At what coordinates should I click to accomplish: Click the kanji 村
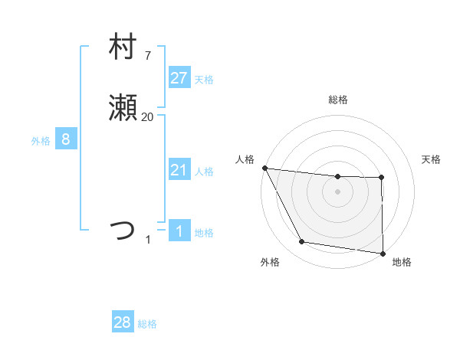click(123, 47)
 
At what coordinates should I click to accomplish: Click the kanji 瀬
click(123, 110)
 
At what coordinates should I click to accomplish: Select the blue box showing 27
click(179, 78)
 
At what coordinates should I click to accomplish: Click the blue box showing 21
click(179, 170)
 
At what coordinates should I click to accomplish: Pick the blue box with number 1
click(179, 231)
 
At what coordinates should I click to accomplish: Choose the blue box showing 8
click(66, 139)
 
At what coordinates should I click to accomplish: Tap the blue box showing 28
click(123, 322)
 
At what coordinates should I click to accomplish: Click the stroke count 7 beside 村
click(147, 55)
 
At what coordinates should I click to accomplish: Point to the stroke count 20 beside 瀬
click(147, 117)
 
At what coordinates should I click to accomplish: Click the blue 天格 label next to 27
click(204, 80)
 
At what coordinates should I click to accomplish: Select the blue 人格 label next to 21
click(204, 172)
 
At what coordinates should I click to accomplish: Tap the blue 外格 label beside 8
click(41, 141)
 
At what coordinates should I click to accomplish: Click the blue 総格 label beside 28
click(147, 324)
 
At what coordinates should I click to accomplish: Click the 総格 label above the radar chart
click(337, 100)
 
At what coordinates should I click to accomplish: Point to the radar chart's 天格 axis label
click(432, 159)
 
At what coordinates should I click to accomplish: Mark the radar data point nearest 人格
click(264, 168)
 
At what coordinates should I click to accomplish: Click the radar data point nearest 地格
click(383, 253)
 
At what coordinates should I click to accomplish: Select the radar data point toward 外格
click(302, 242)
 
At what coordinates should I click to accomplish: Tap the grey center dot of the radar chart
click(337, 191)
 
